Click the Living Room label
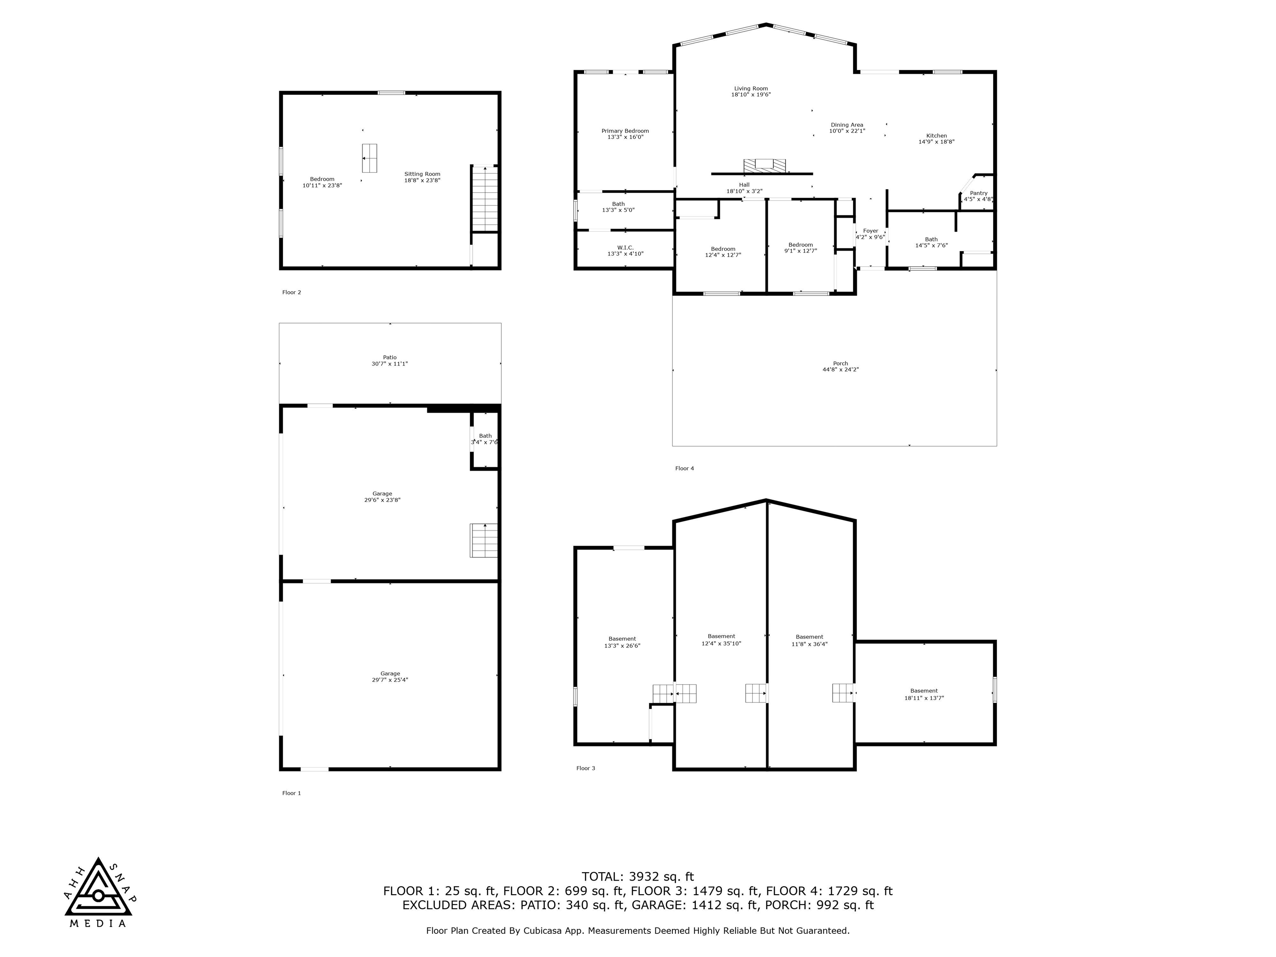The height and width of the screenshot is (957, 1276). (x=751, y=89)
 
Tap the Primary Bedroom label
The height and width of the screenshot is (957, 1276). (x=625, y=131)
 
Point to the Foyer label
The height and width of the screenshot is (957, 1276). (x=871, y=231)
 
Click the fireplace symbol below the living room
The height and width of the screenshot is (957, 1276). (x=764, y=165)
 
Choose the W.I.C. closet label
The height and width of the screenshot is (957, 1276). (x=625, y=248)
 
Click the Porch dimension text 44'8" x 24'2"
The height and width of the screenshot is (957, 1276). (x=840, y=370)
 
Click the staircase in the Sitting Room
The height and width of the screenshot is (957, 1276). (x=485, y=199)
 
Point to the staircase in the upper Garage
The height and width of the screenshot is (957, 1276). (x=483, y=540)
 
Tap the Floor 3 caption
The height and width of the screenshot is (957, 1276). (x=586, y=768)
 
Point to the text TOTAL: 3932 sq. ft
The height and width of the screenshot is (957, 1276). (x=638, y=877)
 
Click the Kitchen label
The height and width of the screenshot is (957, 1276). (x=936, y=136)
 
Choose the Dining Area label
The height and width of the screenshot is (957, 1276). (x=847, y=125)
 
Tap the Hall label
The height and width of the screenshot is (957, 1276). (x=744, y=185)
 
